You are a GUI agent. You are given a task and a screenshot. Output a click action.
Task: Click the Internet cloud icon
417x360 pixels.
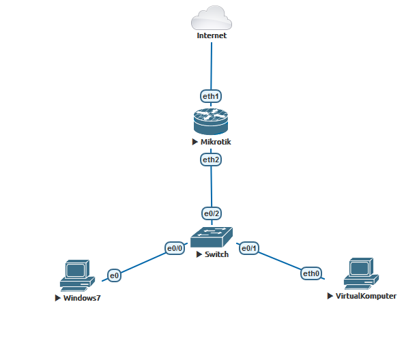212,17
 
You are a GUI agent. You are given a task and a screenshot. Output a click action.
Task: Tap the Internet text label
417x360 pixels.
212,35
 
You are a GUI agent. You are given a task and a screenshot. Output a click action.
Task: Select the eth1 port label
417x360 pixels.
211,96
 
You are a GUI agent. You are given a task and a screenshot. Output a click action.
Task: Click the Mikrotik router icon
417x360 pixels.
211,122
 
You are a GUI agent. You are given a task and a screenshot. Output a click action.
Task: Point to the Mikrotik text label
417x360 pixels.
216,142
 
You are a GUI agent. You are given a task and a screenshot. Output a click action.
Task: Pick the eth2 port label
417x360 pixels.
211,160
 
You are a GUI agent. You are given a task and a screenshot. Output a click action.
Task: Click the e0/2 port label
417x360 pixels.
211,213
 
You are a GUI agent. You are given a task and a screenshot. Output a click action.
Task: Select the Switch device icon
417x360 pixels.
211,237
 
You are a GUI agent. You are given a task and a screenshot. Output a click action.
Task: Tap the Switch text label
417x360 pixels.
216,254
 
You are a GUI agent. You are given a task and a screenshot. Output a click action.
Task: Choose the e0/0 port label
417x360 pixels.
175,248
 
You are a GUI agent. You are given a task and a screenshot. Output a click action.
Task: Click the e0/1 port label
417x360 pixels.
247,248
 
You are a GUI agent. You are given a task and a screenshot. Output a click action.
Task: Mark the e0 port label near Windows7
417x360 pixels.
115,275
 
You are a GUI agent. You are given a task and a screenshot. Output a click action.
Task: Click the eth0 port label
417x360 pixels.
312,273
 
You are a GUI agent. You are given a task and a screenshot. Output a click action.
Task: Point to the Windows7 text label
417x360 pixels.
83,298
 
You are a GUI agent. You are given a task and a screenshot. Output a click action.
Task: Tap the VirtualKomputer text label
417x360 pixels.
366,296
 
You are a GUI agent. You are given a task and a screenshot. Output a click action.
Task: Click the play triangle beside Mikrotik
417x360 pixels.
195,142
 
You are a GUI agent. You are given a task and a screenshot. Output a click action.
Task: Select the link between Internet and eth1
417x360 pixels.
212,65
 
